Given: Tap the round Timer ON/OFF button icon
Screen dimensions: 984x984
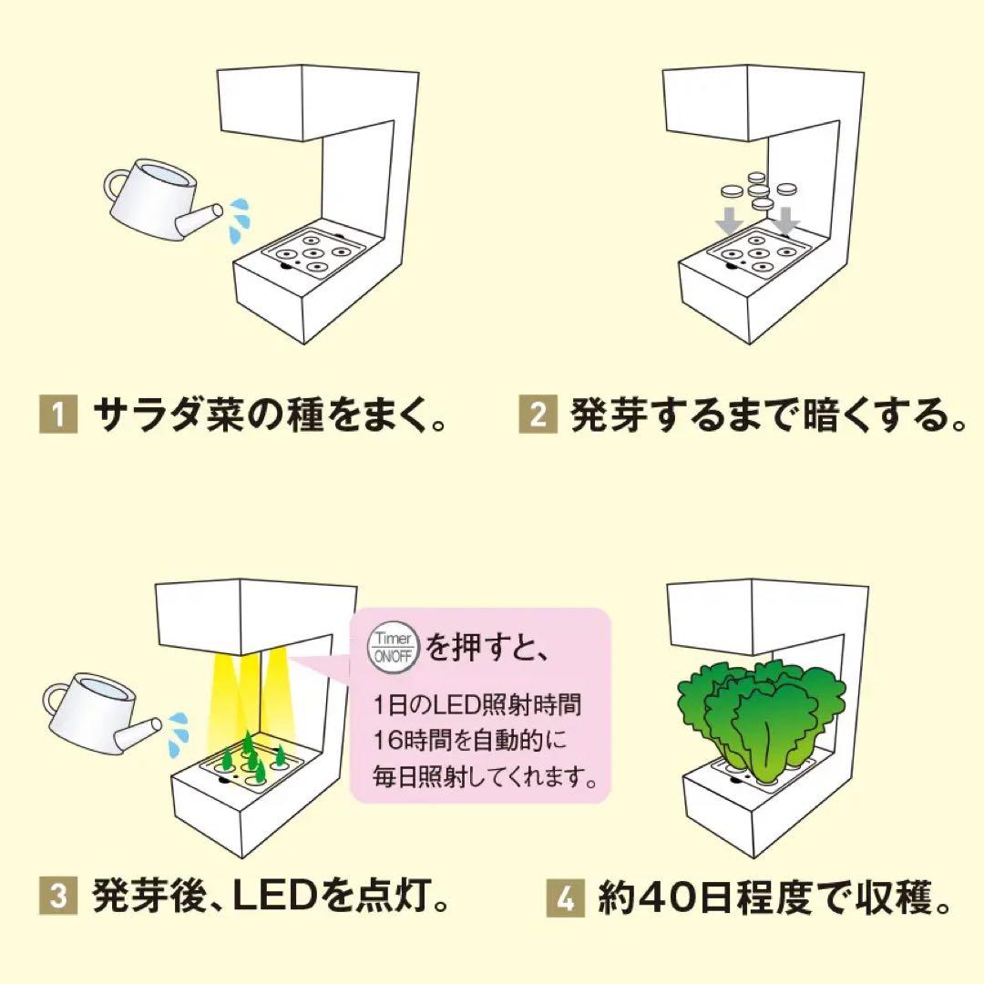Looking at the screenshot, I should click(x=392, y=649).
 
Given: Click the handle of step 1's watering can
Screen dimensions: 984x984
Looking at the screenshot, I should click(x=117, y=188).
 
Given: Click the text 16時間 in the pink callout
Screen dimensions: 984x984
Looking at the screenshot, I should click(x=406, y=739).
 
